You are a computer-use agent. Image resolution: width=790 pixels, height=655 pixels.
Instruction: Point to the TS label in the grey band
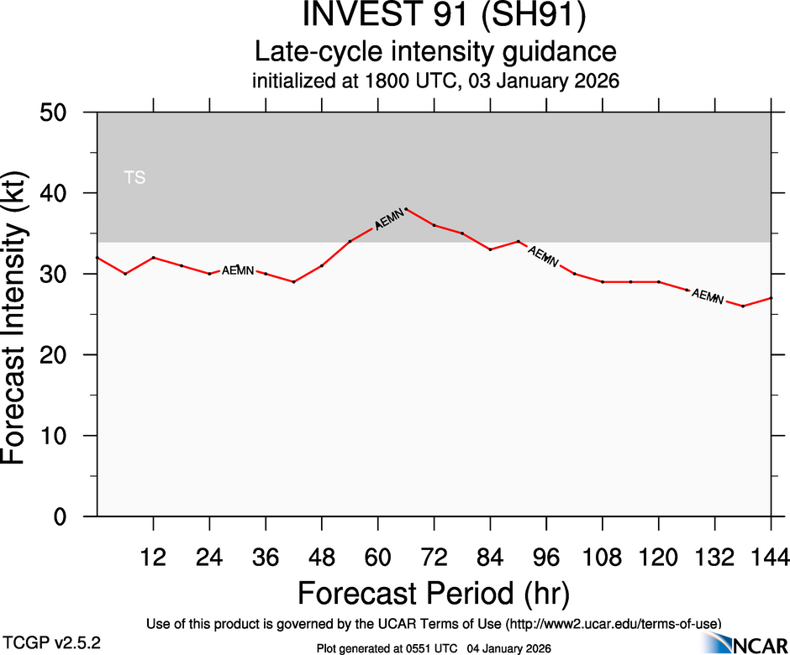point(134,177)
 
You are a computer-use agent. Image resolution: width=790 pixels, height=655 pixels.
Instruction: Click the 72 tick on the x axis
point(434,555)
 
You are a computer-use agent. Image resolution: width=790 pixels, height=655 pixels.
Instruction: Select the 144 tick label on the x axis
point(771,555)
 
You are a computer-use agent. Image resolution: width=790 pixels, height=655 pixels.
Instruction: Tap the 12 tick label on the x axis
point(153,555)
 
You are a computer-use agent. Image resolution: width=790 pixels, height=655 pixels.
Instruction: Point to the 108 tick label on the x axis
point(602,555)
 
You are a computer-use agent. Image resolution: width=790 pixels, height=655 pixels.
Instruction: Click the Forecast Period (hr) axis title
point(434,594)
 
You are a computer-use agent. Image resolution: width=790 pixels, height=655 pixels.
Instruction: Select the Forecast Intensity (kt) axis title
point(20,314)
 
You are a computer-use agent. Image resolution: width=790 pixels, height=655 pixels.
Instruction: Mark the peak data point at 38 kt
point(406,209)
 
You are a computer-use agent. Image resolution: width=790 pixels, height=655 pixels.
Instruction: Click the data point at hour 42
point(293,282)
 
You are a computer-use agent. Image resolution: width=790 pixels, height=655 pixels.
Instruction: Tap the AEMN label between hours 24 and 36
point(238,270)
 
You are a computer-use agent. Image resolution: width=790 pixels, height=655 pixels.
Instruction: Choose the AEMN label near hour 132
point(707,296)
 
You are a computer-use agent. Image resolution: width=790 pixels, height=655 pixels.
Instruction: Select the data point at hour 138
point(743,307)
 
